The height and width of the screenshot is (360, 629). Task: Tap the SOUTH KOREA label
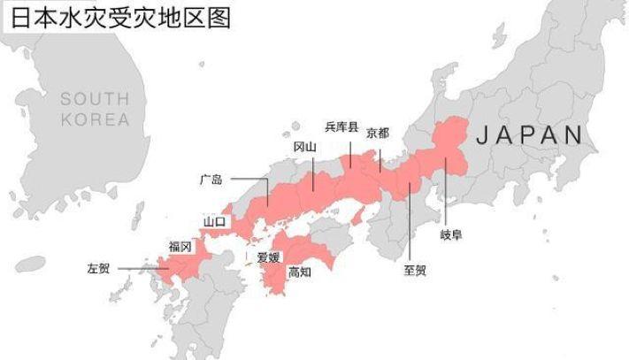click(x=94, y=109)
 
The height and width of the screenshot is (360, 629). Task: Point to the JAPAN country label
click(x=529, y=135)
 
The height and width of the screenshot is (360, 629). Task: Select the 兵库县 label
click(x=341, y=127)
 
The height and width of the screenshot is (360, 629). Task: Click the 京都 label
click(x=377, y=133)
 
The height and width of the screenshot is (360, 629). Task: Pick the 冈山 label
click(x=304, y=148)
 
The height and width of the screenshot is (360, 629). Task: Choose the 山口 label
click(x=215, y=220)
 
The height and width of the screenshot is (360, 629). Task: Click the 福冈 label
click(x=180, y=247)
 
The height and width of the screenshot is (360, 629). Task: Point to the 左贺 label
click(x=97, y=267)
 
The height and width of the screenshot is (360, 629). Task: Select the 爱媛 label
click(x=268, y=258)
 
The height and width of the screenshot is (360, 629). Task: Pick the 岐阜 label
click(x=450, y=234)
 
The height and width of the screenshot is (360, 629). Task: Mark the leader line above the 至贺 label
click(x=410, y=221)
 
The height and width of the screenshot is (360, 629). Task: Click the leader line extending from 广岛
click(x=252, y=180)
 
